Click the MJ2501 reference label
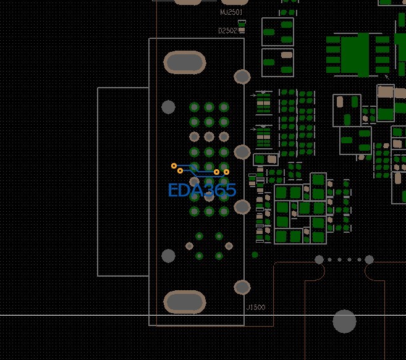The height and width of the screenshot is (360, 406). (231, 12)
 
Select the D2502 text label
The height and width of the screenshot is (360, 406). (227, 30)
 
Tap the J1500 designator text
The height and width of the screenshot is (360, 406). (255, 308)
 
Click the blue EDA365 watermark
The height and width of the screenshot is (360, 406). (202, 190)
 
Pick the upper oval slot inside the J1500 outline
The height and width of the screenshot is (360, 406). (184, 62)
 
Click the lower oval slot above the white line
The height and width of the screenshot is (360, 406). (184, 302)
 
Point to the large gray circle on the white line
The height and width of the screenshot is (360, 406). (344, 321)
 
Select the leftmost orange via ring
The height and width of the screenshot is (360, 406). (174, 165)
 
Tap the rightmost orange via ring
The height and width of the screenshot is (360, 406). (226, 172)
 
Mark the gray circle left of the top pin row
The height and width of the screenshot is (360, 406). (168, 107)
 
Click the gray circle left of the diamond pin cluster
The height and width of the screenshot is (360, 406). (168, 255)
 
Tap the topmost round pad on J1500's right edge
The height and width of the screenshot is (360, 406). (242, 77)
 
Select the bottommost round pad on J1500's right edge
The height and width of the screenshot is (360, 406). (242, 287)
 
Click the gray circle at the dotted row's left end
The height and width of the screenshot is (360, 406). (319, 259)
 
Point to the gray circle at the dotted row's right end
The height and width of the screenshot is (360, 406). (369, 259)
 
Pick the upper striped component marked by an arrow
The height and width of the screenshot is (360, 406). (264, 103)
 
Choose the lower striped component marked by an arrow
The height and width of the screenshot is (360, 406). (264, 136)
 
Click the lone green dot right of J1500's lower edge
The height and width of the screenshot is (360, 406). (255, 254)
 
